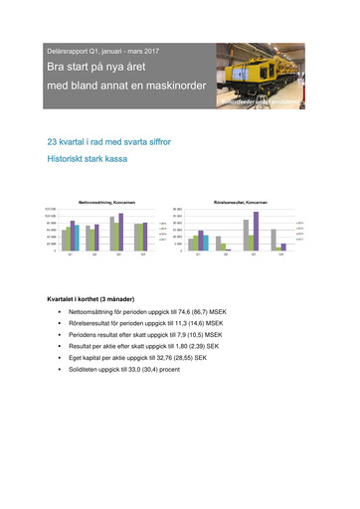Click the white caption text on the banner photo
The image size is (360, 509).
tap(287, 99)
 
